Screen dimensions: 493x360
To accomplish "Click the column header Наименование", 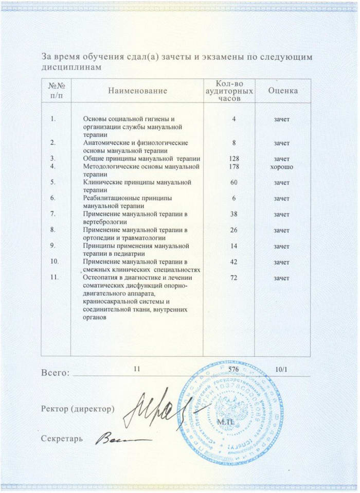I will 137,91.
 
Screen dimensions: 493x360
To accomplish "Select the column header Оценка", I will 283,91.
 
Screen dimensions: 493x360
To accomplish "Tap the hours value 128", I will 233,159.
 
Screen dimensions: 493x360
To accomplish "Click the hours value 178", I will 233,167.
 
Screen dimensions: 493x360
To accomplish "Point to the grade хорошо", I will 282,167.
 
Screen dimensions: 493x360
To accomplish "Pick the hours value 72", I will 233,278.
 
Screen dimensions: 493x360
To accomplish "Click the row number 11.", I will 55,278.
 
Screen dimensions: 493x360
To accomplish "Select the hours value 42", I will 233,262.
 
